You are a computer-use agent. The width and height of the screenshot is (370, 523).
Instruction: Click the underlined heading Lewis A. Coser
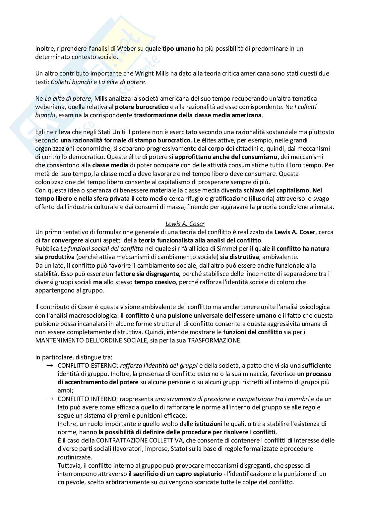(x=185, y=224)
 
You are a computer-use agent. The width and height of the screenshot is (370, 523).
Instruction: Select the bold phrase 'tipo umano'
(x=178, y=48)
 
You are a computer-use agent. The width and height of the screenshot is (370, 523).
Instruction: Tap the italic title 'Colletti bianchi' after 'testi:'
(x=71, y=82)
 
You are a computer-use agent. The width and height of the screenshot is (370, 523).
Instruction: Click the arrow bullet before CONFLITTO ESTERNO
(x=50, y=365)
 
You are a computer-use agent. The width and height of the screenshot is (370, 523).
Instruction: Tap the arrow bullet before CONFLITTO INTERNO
(x=50, y=399)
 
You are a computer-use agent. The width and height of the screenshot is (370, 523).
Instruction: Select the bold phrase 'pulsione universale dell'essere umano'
(x=222, y=315)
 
